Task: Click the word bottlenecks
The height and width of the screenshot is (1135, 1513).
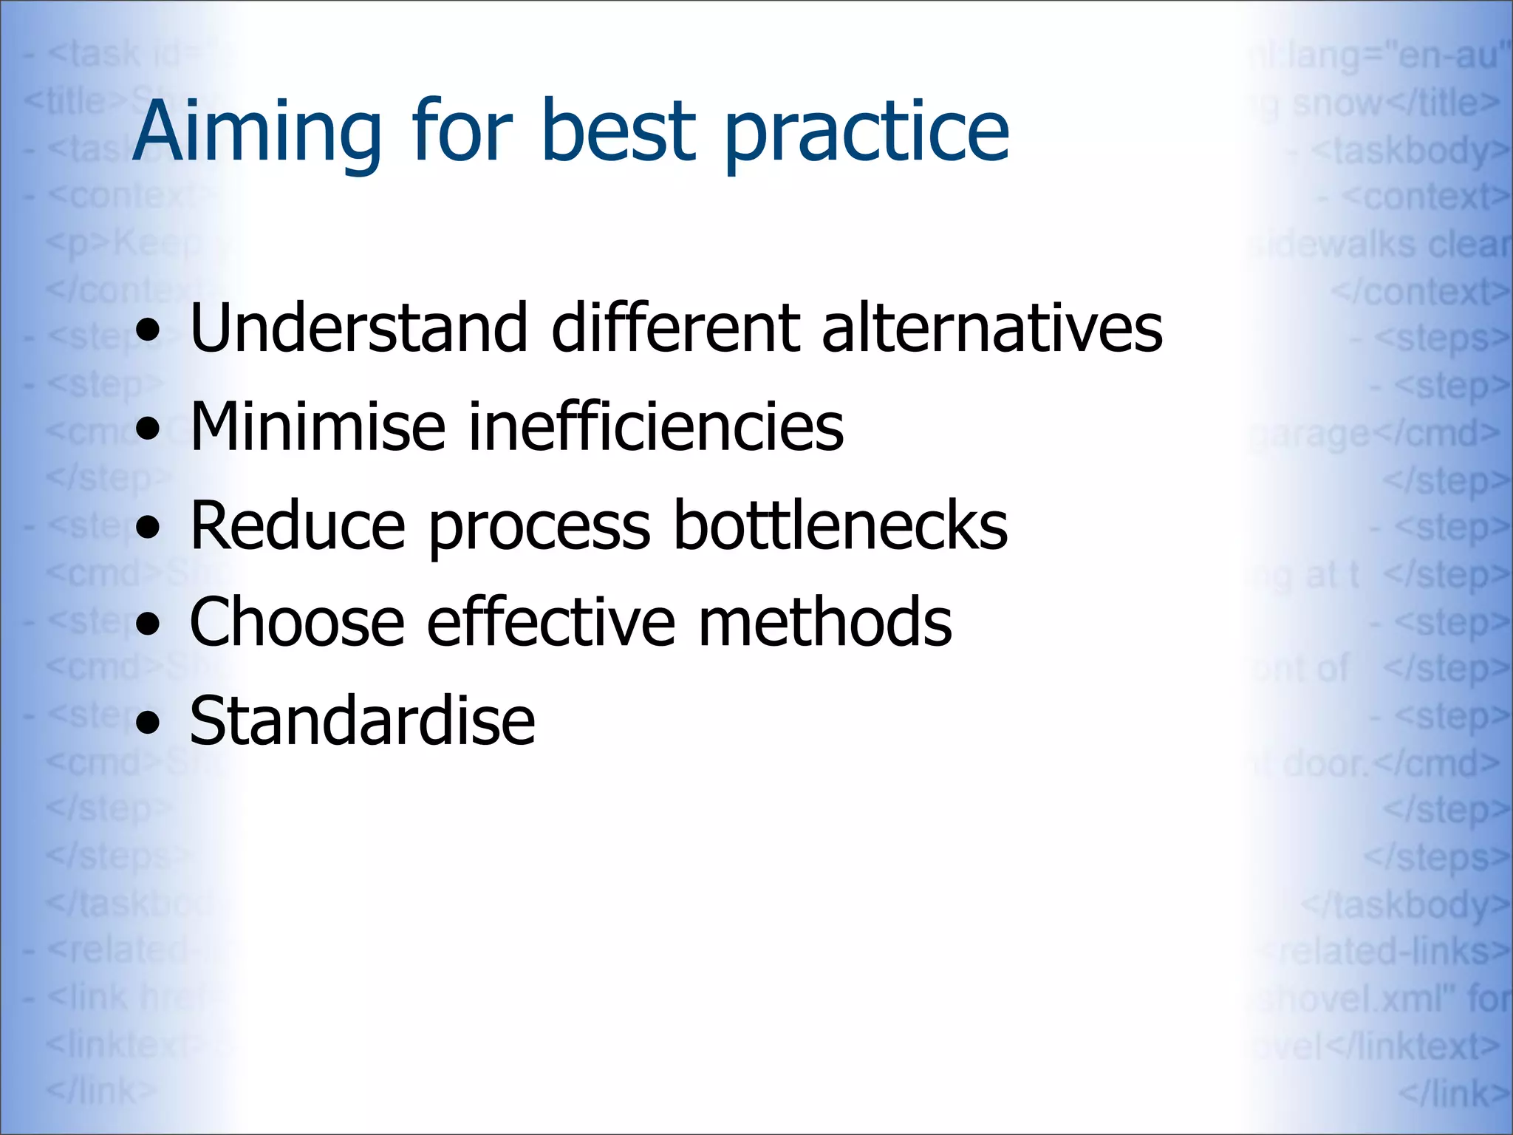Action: pyautogui.click(x=841, y=525)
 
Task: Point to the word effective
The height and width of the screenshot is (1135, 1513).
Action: pyautogui.click(x=550, y=623)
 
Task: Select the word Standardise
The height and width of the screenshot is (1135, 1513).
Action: pyautogui.click(x=362, y=721)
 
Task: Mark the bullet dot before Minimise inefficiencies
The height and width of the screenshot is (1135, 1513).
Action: pyautogui.click(x=148, y=429)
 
